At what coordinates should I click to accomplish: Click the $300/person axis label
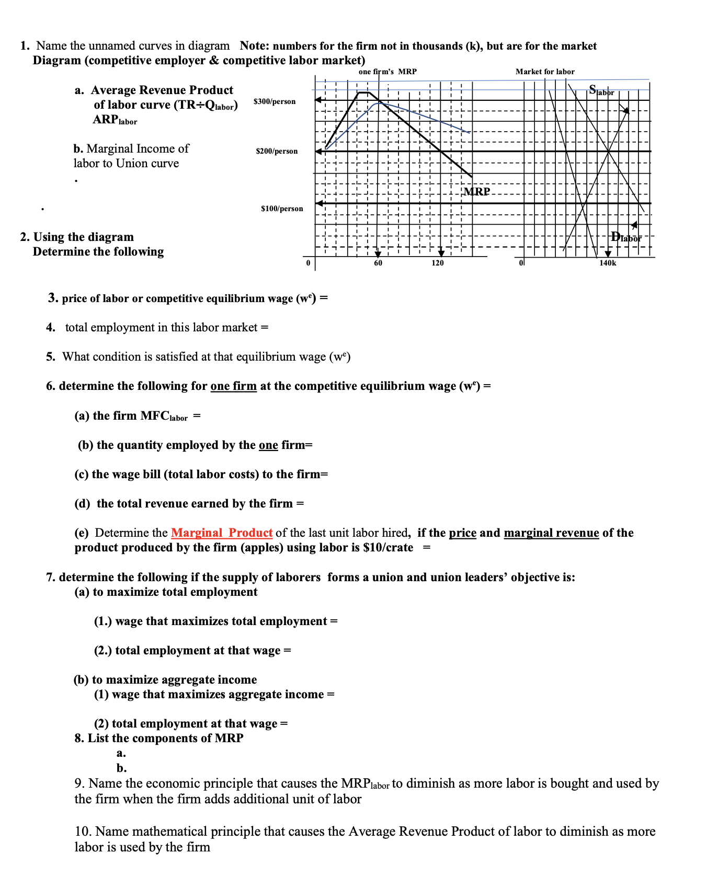click(x=274, y=101)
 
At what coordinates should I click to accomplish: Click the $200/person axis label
click(x=277, y=151)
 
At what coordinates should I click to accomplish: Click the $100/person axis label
click(x=282, y=209)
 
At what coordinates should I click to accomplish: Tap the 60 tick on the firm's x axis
click(x=378, y=263)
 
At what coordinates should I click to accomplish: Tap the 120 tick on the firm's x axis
click(x=438, y=263)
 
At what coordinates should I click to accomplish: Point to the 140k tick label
click(x=608, y=263)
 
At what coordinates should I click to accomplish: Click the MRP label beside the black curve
click(x=477, y=191)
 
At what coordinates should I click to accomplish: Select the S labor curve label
click(x=601, y=90)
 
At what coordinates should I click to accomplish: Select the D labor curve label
click(x=625, y=237)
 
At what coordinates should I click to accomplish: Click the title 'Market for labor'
click(x=545, y=72)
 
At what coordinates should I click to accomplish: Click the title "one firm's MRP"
click(x=387, y=72)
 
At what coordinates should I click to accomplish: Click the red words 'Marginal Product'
click(x=222, y=533)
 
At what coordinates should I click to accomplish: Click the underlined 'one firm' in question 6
click(x=233, y=386)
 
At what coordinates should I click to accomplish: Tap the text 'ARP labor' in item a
click(x=115, y=120)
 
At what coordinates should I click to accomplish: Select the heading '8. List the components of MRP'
click(x=159, y=738)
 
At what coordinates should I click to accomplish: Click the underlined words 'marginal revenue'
click(x=551, y=533)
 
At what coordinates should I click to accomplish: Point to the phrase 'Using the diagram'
click(x=84, y=237)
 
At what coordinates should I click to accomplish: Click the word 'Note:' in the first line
click(x=254, y=46)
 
